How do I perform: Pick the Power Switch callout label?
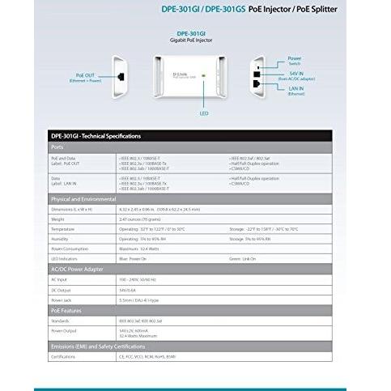point(295,61)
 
